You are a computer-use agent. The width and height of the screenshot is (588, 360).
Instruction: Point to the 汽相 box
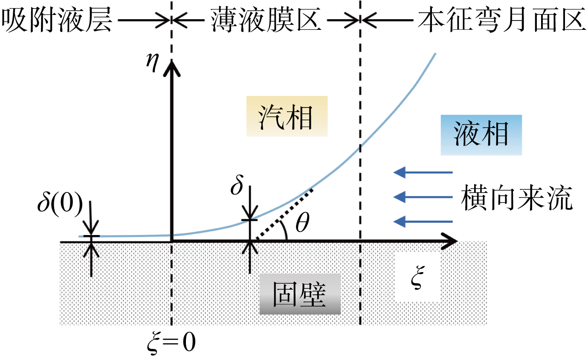click(287, 116)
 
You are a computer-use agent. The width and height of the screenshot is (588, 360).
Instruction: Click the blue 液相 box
click(481, 135)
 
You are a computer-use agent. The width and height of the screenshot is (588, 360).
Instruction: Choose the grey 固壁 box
click(299, 294)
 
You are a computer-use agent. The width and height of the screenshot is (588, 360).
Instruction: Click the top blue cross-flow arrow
click(423, 173)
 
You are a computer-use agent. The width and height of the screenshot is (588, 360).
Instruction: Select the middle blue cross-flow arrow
click(423, 197)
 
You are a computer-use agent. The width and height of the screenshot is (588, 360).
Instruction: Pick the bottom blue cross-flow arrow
click(423, 221)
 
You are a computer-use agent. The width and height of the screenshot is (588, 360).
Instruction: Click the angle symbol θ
click(302, 224)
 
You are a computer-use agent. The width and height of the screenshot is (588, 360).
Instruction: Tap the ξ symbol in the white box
click(417, 279)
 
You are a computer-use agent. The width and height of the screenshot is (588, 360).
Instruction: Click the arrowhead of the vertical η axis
click(172, 68)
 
